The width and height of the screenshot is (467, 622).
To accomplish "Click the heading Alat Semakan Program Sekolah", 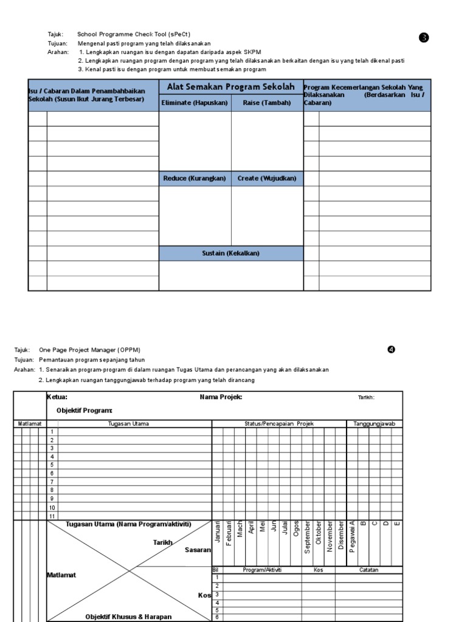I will coord(231,87).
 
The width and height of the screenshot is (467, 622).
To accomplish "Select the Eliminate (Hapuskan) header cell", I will coord(195,103).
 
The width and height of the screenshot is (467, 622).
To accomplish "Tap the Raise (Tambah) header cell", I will coord(267,103).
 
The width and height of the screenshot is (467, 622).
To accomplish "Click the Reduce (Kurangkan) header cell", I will coord(195,179).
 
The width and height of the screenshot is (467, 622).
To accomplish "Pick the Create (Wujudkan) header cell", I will coord(267,179).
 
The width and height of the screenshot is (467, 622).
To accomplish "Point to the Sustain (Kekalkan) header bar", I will coord(231,253).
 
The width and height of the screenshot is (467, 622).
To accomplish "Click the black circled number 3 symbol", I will coord(424,38).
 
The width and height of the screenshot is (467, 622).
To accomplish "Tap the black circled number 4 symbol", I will coord(391,349).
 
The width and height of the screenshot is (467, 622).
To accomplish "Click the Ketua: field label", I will coord(58,397).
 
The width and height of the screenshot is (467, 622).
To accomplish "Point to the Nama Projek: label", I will coord(221,397).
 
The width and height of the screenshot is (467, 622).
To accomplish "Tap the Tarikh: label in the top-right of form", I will coord(366,398).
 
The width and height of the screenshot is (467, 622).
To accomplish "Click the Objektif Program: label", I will coord(85,411).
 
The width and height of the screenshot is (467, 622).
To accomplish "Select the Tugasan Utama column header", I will coord(128,423).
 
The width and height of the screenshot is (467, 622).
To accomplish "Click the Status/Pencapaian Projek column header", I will coord(278,423).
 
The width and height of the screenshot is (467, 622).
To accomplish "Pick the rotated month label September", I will coord(308,536).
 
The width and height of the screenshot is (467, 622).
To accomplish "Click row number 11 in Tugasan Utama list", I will coord(52,516).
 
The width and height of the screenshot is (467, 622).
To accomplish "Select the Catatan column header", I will coord(368,570).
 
